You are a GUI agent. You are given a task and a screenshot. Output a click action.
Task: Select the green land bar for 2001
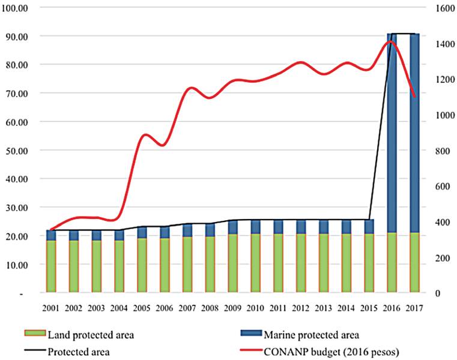pos(51,266)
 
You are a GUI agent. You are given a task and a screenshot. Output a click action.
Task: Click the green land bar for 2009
pos(232,263)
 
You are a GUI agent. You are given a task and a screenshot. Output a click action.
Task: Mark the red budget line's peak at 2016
pos(390,41)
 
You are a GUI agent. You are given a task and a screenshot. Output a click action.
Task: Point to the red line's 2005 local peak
pos(143,134)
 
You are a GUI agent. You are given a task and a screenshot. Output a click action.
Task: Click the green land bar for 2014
pos(346,263)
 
